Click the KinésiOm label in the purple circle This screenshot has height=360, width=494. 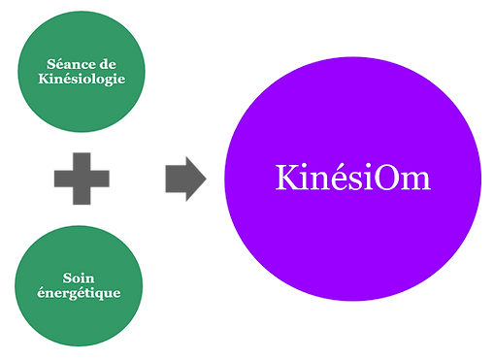352,179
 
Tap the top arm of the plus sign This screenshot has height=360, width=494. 82,159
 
